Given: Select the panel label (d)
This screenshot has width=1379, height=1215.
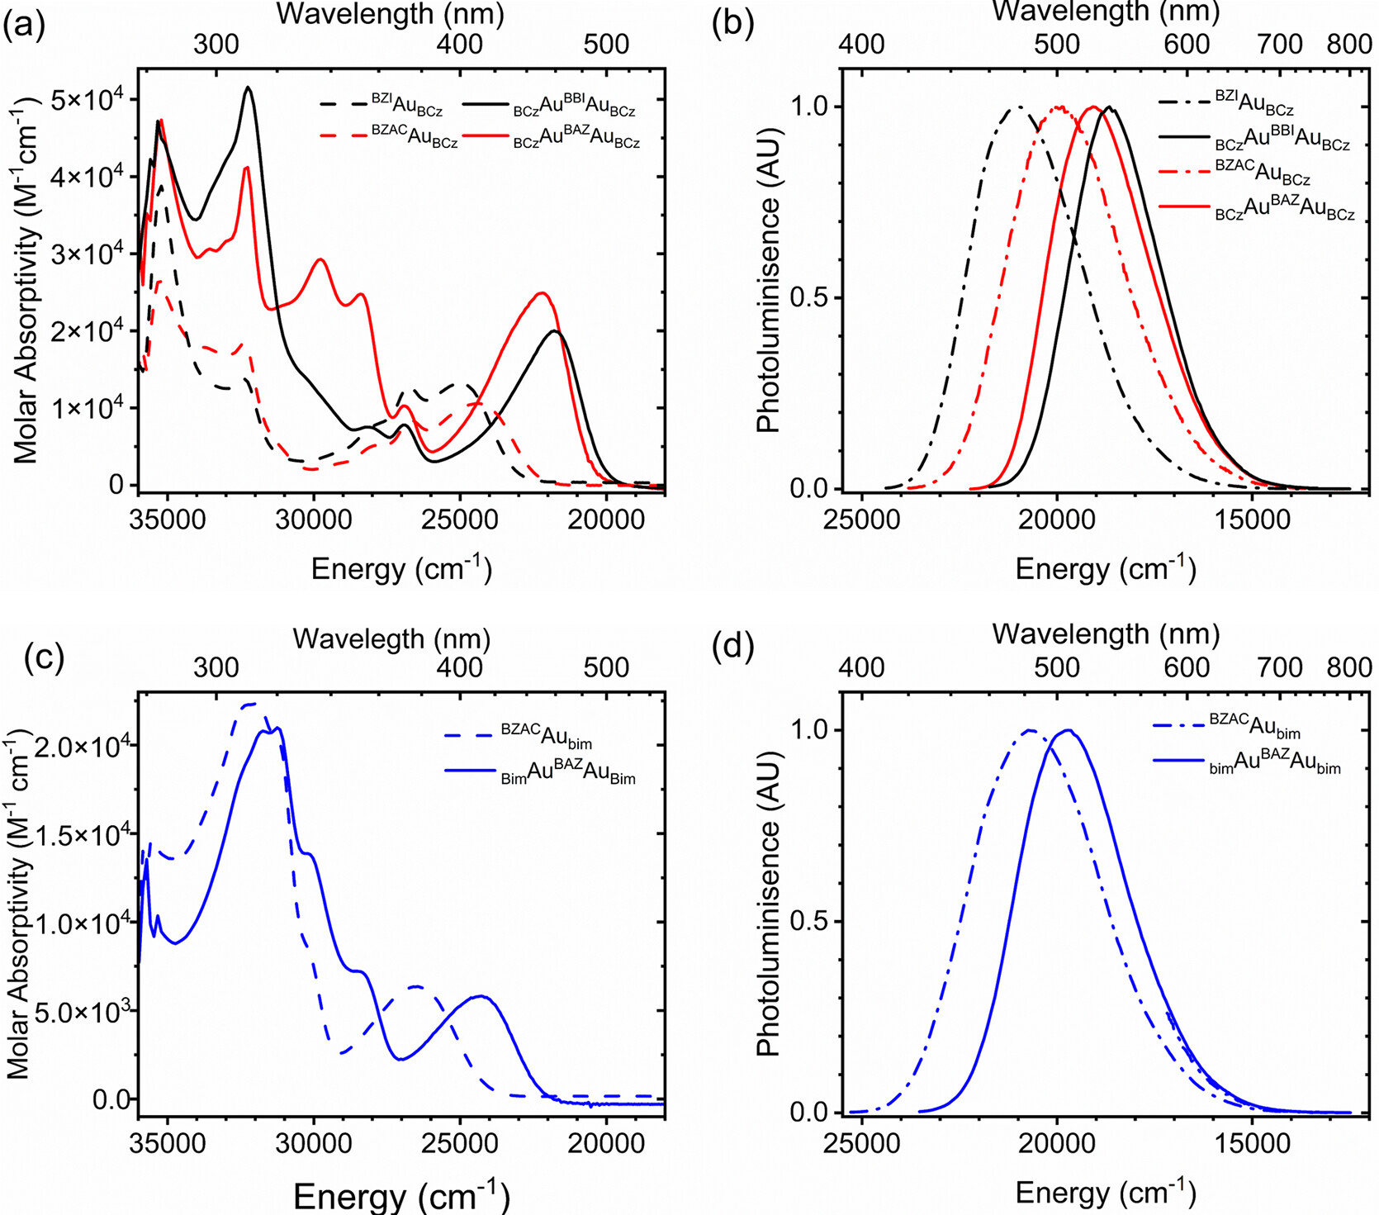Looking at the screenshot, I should [x=732, y=648].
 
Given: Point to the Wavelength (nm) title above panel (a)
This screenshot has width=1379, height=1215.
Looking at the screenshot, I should [x=390, y=13].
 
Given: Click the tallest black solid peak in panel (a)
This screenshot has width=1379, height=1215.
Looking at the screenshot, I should [x=248, y=88].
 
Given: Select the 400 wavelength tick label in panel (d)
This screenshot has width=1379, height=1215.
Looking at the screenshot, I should [x=861, y=667].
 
